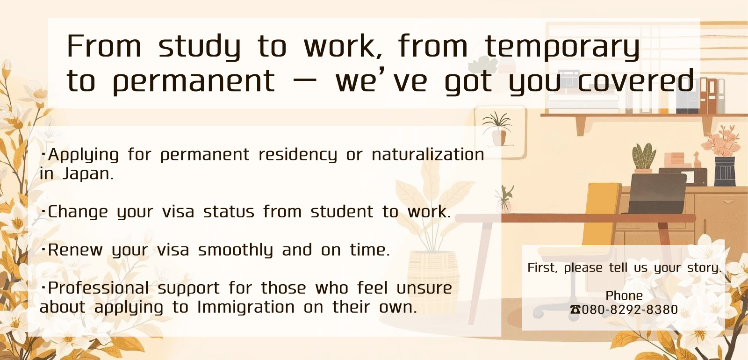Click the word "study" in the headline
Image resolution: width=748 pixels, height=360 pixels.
tap(199, 47)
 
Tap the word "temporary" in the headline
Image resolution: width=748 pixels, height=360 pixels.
tap(562, 47)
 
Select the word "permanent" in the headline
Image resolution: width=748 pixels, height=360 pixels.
tap(194, 82)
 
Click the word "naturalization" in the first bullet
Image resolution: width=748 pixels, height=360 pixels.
tap(428, 155)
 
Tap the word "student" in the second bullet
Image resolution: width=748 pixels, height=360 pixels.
tap(342, 212)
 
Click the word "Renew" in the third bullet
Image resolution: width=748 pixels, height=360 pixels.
tap(75, 250)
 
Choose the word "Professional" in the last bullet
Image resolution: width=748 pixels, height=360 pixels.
tap(99, 288)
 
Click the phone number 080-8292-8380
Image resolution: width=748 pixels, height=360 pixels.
tap(630, 310)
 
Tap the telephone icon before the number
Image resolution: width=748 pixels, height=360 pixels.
tap(575, 310)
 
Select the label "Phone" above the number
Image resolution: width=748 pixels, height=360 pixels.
tap(624, 296)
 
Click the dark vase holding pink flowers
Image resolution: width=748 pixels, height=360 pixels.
tap(725, 171)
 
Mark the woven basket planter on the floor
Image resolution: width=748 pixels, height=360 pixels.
tap(433, 281)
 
